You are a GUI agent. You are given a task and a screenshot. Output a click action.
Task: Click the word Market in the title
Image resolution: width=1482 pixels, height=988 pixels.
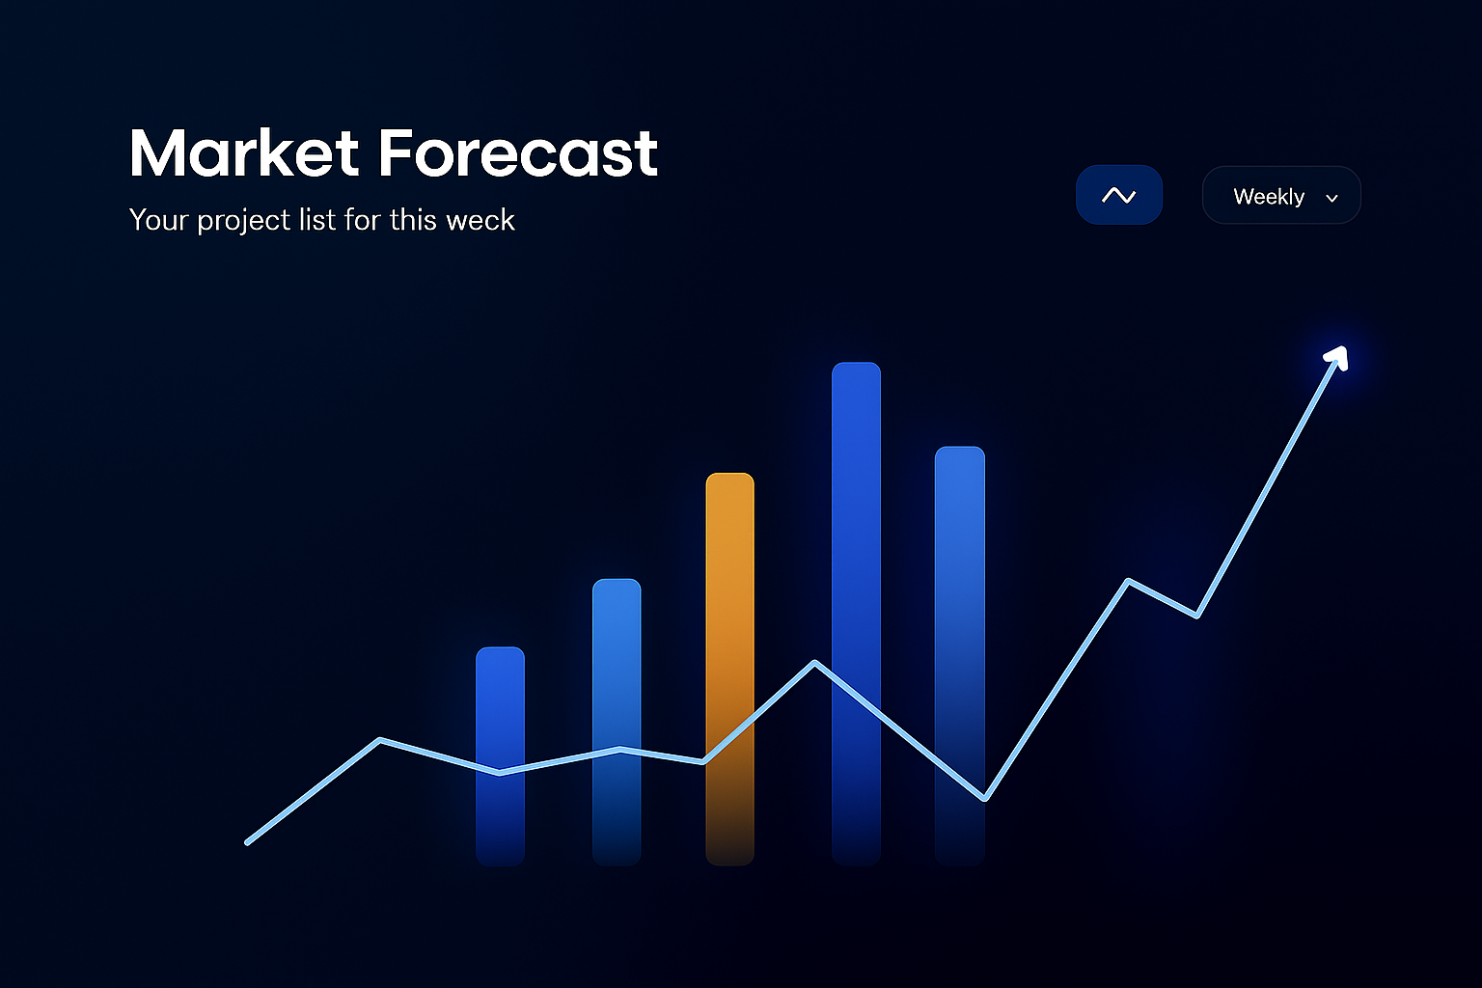(x=244, y=153)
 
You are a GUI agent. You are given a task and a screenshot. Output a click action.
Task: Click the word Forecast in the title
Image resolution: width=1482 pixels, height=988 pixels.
(x=517, y=153)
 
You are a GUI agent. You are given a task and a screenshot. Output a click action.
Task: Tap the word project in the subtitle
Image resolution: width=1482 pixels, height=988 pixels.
(x=243, y=221)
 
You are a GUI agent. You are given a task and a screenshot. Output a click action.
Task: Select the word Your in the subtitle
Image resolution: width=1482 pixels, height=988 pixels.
(x=158, y=220)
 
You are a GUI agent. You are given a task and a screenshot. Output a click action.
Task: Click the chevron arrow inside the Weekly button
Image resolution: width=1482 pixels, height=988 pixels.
(x=1332, y=198)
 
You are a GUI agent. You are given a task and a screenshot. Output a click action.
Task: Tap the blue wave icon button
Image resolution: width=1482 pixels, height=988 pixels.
(x=1118, y=195)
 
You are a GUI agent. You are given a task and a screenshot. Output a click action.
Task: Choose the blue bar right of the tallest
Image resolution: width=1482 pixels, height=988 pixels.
(x=959, y=598)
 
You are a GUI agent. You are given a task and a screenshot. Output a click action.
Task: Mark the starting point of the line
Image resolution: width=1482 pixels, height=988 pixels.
(x=248, y=842)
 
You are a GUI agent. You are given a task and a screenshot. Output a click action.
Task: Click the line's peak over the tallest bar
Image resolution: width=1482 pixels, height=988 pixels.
(x=815, y=663)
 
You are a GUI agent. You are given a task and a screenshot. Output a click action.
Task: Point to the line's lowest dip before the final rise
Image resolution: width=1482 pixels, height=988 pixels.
(x=984, y=799)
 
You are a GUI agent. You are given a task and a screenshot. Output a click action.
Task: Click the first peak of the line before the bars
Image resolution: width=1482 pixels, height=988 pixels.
(x=381, y=740)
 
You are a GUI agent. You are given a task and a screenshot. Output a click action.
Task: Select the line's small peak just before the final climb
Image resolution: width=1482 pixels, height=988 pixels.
(x=1128, y=581)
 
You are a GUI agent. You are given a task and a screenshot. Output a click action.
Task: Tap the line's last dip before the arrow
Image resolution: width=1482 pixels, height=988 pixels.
(x=1196, y=615)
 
